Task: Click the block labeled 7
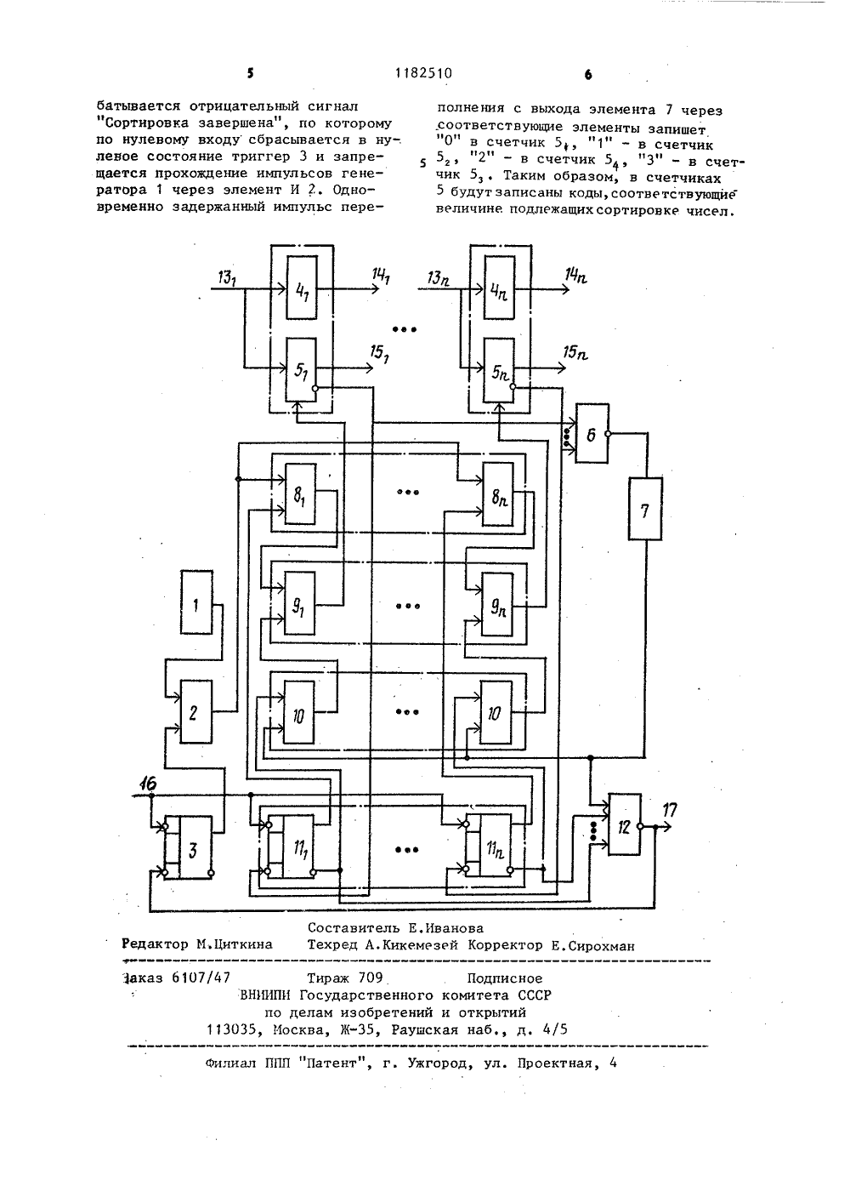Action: [645, 509]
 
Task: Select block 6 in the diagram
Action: [592, 433]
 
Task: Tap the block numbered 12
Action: [625, 824]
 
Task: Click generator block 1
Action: [196, 602]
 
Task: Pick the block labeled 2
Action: [195, 711]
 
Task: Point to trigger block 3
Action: [195, 847]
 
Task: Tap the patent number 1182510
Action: [423, 73]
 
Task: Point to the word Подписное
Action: [504, 978]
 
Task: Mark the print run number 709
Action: [370, 978]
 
